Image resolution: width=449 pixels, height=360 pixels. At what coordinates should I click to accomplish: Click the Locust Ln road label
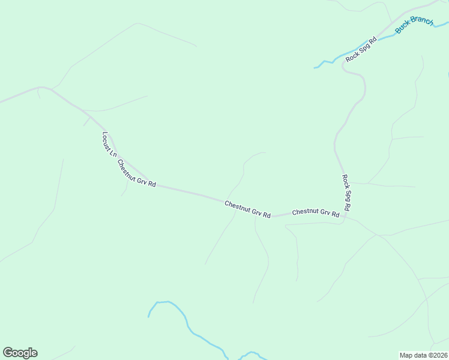(109, 145)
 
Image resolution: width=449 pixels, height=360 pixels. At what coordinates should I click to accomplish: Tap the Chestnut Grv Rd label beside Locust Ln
(136, 173)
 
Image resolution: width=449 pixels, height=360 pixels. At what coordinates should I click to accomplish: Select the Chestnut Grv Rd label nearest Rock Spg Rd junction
(316, 212)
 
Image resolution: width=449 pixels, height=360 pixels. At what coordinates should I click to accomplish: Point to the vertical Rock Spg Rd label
(346, 192)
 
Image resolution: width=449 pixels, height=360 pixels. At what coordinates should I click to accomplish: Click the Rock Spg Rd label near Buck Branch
(361, 47)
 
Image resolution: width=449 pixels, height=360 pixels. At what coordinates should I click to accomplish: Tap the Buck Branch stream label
(414, 25)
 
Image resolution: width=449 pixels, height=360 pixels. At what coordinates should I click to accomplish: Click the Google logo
(20, 353)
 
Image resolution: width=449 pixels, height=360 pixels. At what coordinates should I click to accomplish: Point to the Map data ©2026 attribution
(424, 355)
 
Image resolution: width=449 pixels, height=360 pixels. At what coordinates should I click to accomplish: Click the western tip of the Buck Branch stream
(315, 68)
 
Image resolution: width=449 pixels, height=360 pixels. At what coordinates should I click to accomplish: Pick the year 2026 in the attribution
(439, 355)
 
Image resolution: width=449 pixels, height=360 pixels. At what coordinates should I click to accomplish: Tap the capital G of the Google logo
(8, 353)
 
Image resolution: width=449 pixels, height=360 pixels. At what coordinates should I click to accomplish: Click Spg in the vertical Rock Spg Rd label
(346, 193)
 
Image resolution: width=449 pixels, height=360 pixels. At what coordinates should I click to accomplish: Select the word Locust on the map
(107, 140)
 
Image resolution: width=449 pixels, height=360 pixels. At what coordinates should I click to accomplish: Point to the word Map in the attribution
(406, 355)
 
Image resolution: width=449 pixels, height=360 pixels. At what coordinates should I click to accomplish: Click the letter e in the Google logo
(34, 353)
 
